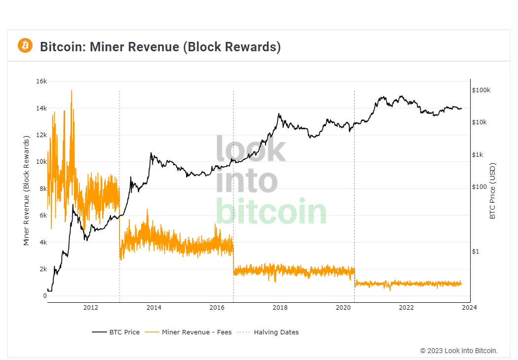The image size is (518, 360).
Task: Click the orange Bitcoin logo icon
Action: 25,46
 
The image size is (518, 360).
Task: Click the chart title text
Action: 160,47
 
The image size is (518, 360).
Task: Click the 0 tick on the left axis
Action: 45,296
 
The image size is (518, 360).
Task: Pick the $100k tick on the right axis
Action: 481,90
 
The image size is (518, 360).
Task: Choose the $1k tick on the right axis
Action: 479,155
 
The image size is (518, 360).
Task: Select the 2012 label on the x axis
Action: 91,308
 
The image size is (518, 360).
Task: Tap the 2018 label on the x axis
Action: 280,308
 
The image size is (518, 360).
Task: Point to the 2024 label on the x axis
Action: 470,308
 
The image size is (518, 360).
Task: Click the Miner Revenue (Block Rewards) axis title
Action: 27,191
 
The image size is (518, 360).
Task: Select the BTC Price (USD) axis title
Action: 492,191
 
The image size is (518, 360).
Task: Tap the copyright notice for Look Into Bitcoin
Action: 459,351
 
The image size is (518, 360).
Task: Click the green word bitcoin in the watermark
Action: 271,211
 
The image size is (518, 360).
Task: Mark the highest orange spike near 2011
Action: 72,91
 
